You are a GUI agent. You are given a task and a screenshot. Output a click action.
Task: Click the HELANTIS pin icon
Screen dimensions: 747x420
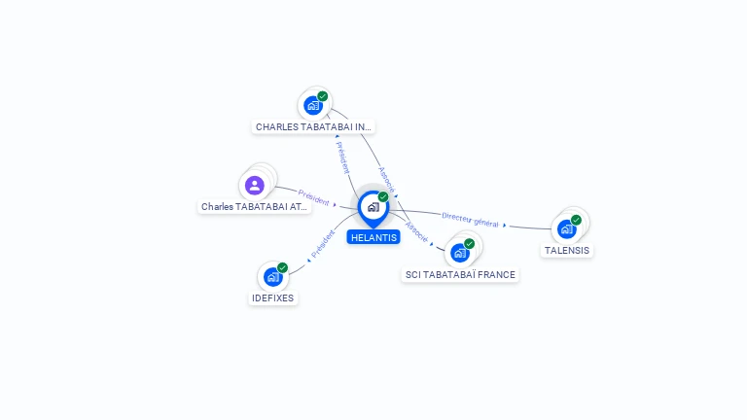point(373,208)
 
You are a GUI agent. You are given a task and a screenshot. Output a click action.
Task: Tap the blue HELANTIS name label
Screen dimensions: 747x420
point(373,237)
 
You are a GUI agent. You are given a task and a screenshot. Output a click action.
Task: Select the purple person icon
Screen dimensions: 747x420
point(255,186)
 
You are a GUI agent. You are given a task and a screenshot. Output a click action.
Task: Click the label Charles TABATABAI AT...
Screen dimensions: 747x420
point(255,207)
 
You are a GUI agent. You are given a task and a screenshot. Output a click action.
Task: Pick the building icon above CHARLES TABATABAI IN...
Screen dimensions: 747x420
point(313,105)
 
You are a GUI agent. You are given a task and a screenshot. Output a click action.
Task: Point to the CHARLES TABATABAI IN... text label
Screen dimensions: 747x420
point(313,127)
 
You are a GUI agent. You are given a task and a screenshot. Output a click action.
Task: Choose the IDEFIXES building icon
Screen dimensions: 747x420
point(273,277)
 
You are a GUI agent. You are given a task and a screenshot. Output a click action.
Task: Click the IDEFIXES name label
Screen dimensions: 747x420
point(273,298)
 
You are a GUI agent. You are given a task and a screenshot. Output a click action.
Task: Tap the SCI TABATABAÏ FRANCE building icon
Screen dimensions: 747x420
point(460,253)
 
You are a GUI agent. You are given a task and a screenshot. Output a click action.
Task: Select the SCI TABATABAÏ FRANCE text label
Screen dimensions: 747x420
point(460,275)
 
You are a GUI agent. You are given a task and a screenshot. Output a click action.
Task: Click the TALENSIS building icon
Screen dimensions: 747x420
point(567,229)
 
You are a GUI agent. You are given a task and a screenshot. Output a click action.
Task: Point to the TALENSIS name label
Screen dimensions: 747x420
point(567,251)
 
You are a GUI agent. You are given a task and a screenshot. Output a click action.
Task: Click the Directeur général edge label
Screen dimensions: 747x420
point(470,220)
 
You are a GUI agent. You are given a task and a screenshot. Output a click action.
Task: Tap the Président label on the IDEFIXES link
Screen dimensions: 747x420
point(323,244)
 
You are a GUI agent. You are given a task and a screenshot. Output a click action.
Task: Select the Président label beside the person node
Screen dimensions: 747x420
point(313,197)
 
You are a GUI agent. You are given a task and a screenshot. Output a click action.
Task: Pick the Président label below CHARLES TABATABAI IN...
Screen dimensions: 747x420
point(342,157)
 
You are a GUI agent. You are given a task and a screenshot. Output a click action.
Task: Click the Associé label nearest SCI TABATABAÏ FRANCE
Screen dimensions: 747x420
point(416,232)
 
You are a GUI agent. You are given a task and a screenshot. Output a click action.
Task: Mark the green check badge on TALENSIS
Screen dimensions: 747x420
point(577,220)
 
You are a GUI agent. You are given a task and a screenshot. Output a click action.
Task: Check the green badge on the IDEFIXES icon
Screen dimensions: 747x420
point(282,267)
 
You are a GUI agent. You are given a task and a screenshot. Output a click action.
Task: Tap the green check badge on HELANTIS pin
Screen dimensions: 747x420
point(383,196)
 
